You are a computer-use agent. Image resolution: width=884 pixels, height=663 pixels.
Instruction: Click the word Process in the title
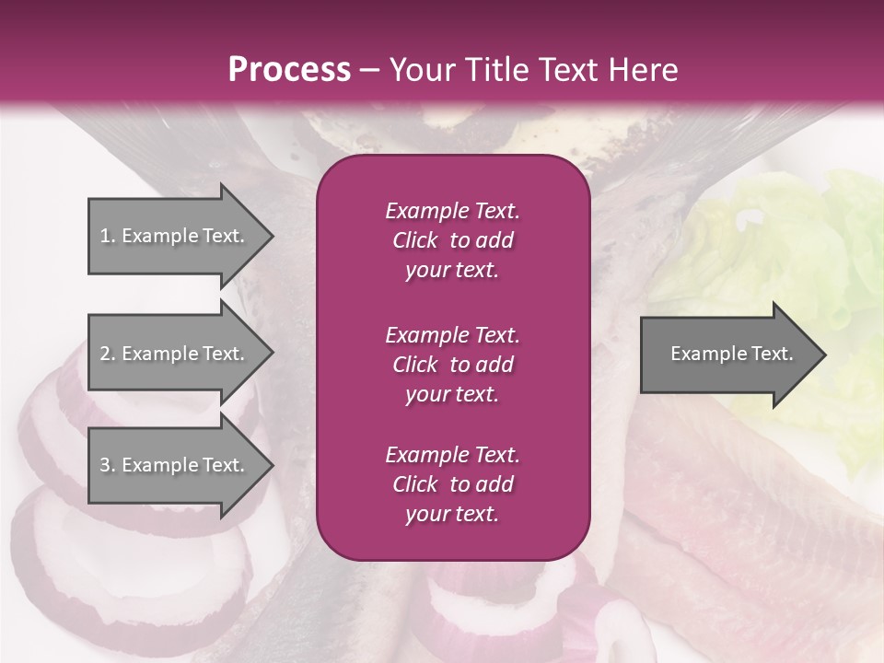click(289, 69)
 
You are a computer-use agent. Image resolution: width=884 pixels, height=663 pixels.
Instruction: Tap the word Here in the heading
click(644, 69)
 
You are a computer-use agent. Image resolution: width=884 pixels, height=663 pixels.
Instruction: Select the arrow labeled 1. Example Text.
click(175, 236)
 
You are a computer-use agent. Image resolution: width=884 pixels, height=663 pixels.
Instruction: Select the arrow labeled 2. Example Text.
click(175, 354)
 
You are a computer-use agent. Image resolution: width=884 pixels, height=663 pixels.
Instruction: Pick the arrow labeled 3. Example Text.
click(175, 465)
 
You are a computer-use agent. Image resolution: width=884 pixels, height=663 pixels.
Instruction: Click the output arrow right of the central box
click(727, 355)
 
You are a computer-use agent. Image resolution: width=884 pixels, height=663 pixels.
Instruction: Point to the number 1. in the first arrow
click(108, 236)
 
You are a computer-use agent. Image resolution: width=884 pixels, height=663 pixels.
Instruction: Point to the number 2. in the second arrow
click(108, 354)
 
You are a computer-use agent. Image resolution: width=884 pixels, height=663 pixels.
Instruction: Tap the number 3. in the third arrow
click(108, 465)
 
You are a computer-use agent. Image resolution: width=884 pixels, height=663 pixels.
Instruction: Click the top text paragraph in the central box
click(452, 240)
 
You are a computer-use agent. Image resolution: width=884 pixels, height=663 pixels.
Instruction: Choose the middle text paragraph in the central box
click(452, 365)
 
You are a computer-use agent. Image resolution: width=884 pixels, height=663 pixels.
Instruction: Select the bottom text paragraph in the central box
click(452, 484)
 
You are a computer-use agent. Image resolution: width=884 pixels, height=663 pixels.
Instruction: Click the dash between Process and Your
click(370, 70)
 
